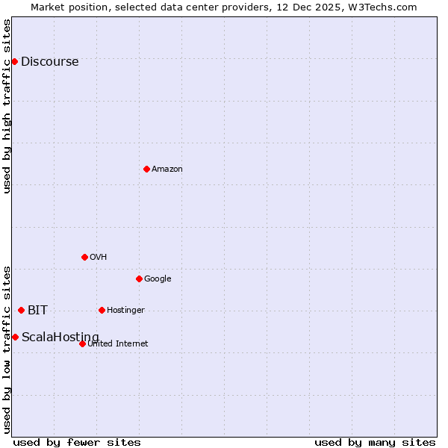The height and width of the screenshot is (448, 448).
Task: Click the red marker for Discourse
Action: pos(14,61)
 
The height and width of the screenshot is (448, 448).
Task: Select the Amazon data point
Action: pos(146,169)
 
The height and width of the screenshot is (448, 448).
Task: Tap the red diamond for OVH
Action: pos(84,257)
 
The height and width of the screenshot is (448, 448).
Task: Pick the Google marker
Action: pos(139,279)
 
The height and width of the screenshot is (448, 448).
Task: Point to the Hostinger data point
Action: pos(102,310)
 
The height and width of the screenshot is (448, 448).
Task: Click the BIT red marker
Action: pos(21,310)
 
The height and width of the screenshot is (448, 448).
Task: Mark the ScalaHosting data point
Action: pos(15,337)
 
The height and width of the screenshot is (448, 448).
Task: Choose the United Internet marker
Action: pos(82,343)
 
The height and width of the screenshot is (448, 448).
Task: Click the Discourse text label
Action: pos(49,62)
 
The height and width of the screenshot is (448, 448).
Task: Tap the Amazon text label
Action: pos(167,169)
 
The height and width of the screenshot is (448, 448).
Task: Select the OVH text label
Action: pos(98,258)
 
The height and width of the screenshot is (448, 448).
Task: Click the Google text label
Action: pos(158,279)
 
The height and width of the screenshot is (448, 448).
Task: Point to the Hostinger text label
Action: pos(125,311)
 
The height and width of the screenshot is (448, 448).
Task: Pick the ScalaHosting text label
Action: pos(60,337)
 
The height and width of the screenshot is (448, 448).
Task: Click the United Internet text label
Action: pos(117,344)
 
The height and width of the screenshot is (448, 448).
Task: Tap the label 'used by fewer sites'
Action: pos(77,442)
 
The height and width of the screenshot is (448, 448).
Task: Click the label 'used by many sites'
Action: pos(375,442)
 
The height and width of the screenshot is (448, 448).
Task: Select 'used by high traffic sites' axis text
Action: pos(7,106)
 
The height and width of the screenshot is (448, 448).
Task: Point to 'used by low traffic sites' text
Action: pos(7,349)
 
